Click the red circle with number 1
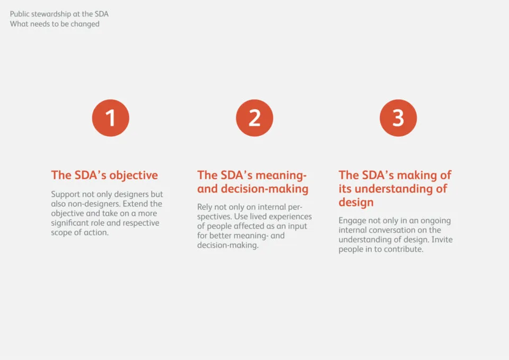click(x=111, y=118)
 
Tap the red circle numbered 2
click(x=254, y=118)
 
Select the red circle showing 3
click(x=398, y=118)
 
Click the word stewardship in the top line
click(x=51, y=14)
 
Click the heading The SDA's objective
click(x=104, y=175)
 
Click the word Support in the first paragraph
click(x=65, y=195)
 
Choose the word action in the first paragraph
click(x=97, y=232)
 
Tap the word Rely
click(x=205, y=207)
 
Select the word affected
click(x=249, y=226)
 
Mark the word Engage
click(x=352, y=221)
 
